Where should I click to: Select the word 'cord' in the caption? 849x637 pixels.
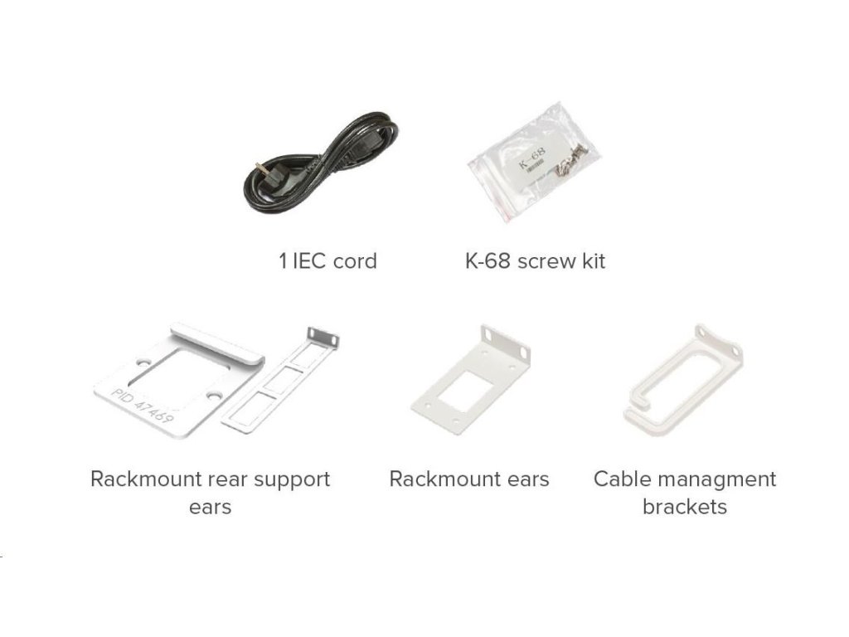tap(354, 261)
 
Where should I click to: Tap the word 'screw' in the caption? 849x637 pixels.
tap(546, 261)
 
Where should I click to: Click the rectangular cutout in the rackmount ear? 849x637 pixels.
tap(466, 387)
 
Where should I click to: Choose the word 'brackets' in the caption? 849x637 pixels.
tap(684, 507)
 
